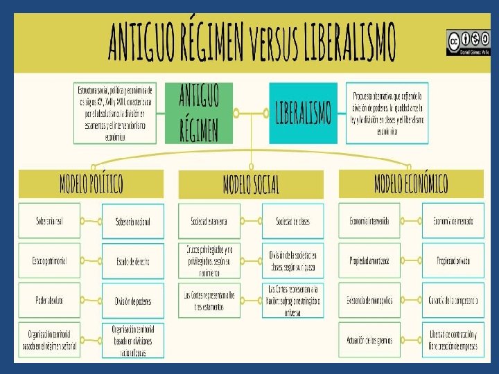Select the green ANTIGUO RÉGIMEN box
tap(199, 113)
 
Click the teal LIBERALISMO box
tap(303, 113)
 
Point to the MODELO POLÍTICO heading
tap(91, 184)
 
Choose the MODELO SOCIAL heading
tap(251, 184)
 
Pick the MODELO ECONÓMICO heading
tap(411, 184)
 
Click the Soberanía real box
tap(49, 221)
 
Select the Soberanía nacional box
tap(133, 222)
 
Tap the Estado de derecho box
tap(133, 261)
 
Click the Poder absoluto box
tap(49, 301)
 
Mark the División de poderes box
tap(133, 301)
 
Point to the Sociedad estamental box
tap(209, 222)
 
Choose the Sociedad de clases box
tap(292, 222)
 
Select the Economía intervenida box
tap(369, 221)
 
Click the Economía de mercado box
tap(453, 221)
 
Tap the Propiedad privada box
tap(453, 261)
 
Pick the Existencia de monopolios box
tap(369, 301)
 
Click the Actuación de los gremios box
tap(369, 339)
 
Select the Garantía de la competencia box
tap(453, 301)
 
